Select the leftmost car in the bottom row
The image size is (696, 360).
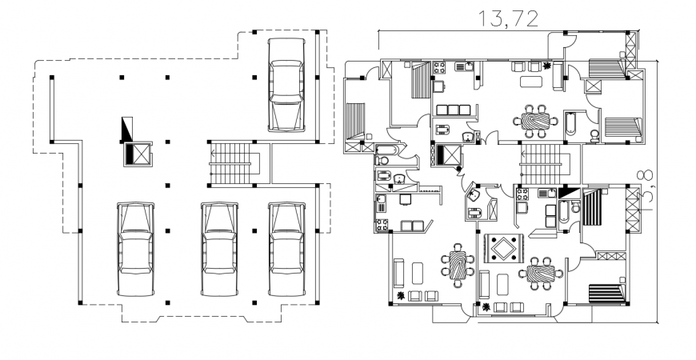click(135, 249)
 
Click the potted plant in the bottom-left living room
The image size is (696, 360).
click(399, 297)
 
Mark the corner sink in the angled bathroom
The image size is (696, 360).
click(474, 194)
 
